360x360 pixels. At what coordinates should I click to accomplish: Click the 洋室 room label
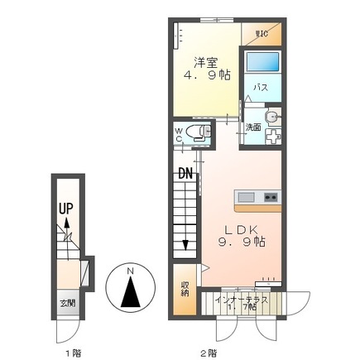[x=207, y=61]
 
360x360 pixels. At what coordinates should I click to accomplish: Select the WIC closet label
[x=262, y=34]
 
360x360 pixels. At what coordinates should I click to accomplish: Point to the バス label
[x=259, y=88]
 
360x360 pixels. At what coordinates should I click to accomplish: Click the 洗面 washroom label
[x=252, y=127]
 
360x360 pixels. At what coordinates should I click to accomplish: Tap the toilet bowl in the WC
[x=194, y=131]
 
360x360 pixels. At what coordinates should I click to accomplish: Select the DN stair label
[x=185, y=174]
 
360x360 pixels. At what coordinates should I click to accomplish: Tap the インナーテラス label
[x=241, y=299]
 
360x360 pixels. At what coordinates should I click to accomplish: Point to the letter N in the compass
[x=130, y=271]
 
